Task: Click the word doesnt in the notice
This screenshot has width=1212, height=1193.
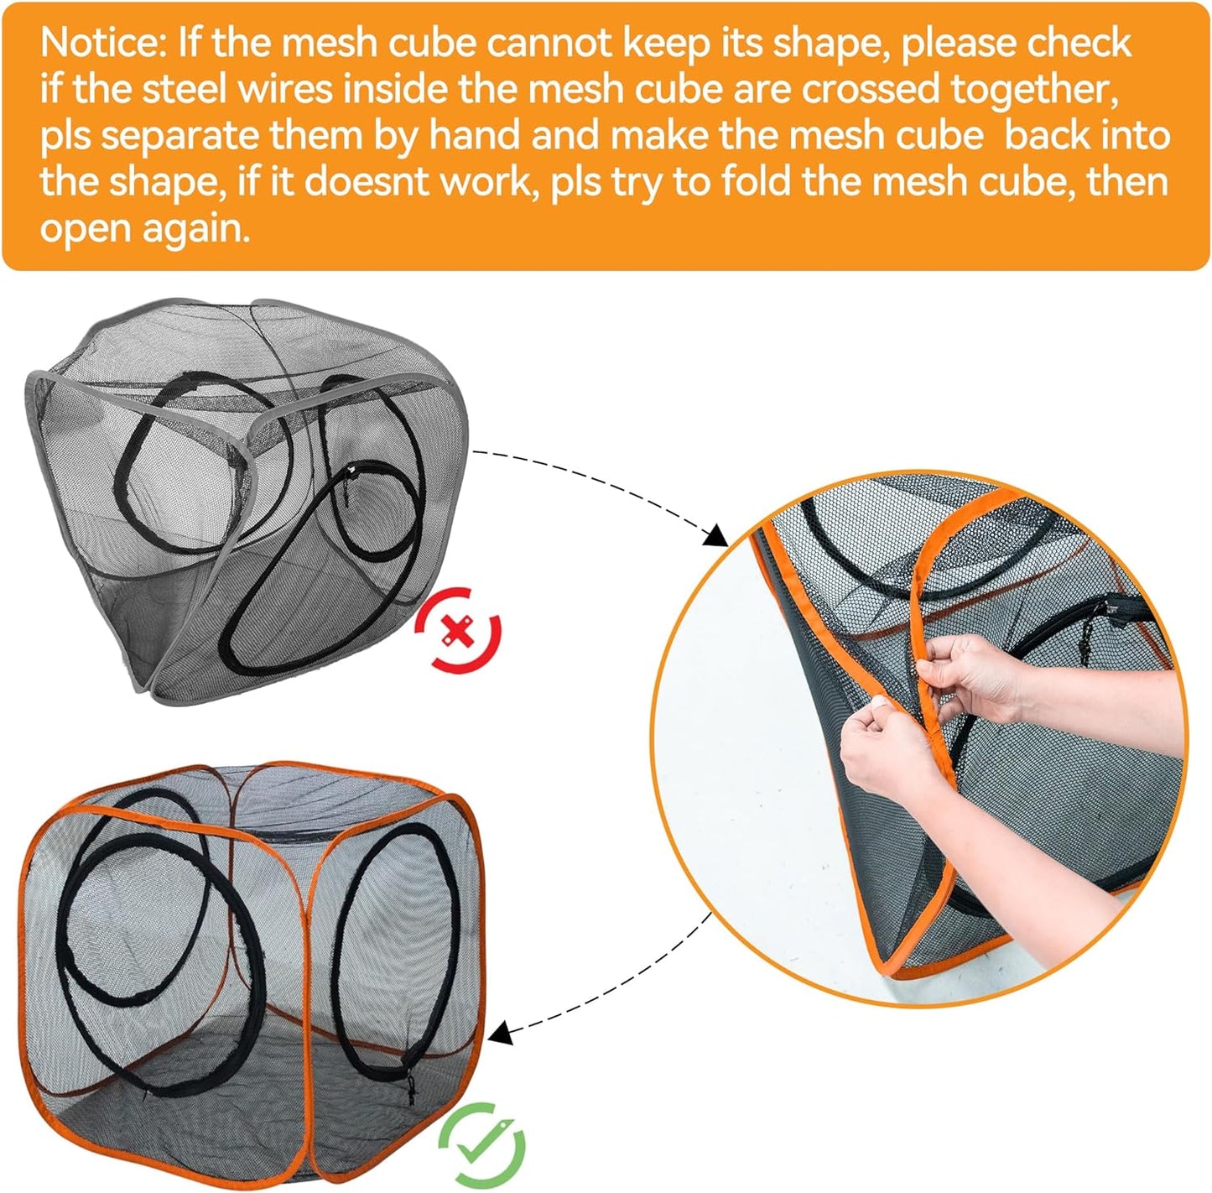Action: click(362, 183)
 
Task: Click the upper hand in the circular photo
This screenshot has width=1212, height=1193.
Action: click(973, 671)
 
